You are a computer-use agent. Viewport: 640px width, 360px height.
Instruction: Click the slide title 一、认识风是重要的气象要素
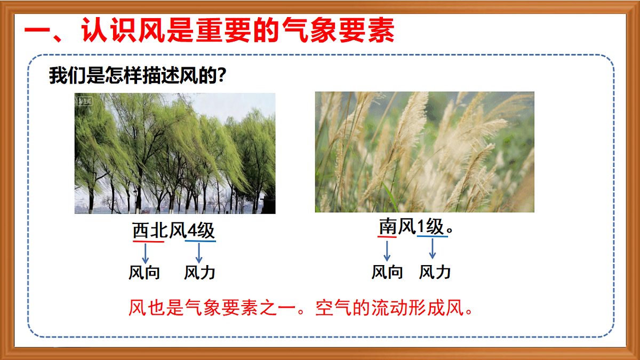209,31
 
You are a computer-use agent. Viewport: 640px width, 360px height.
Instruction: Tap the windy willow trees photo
175,154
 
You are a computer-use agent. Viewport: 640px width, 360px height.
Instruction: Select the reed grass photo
424,152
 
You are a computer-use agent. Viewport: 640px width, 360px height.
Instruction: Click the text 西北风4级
173,230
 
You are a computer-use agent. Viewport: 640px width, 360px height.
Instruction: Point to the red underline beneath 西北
148,242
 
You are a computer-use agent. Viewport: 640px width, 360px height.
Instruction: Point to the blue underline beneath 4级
200,242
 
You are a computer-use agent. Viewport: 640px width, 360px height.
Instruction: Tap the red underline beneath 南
387,237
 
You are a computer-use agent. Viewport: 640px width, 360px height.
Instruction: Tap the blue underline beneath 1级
432,237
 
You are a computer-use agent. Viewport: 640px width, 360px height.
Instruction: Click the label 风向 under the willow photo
144,273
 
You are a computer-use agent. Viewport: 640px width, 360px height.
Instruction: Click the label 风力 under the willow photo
199,273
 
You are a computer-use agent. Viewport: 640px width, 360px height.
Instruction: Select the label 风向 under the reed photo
387,272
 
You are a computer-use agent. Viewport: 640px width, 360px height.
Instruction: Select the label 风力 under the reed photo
435,272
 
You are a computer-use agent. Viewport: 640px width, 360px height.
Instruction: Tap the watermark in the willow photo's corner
85,100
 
